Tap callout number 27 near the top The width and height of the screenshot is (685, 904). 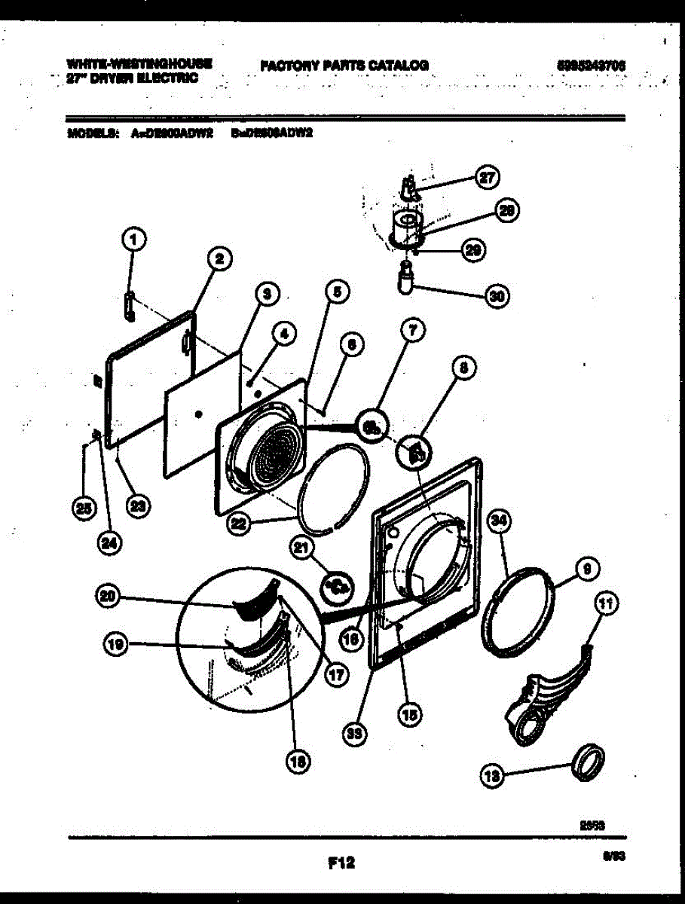[487, 178]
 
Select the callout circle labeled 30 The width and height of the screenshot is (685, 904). [495, 296]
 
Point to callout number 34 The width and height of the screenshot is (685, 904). [497, 521]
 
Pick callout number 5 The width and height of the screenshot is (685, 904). [336, 291]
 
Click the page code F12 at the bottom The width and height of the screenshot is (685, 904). [341, 864]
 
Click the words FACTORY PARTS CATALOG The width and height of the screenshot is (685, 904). [344, 66]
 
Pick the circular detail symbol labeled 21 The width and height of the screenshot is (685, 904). [336, 584]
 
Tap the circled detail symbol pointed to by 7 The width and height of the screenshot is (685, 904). [372, 427]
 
